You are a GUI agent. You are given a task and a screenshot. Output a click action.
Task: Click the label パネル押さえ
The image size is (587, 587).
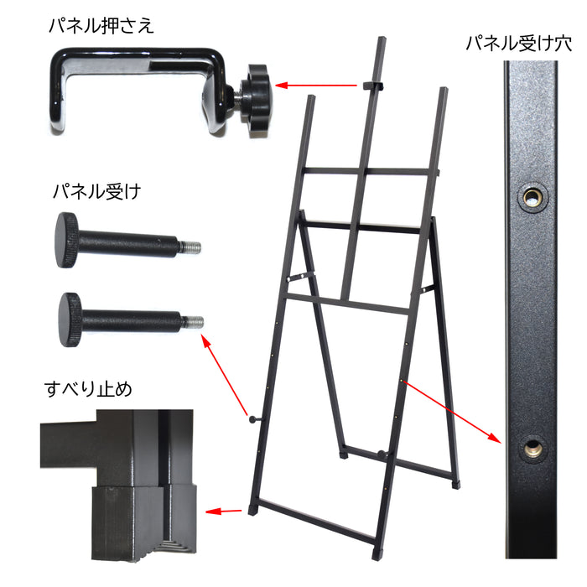click(x=101, y=26)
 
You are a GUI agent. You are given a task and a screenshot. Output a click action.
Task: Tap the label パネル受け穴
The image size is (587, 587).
click(x=519, y=44)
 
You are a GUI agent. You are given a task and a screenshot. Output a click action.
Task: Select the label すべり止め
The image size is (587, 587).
click(x=88, y=389)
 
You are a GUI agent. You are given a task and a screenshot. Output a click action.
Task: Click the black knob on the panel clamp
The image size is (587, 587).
click(x=257, y=97)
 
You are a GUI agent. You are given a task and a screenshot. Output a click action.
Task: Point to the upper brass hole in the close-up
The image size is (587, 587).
click(x=531, y=196)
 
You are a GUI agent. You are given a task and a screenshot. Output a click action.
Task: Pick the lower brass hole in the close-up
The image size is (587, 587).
click(x=531, y=447)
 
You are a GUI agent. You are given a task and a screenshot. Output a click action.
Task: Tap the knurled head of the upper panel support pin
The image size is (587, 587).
click(x=66, y=240)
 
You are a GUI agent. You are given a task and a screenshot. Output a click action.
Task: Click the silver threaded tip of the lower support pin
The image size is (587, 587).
click(x=195, y=321)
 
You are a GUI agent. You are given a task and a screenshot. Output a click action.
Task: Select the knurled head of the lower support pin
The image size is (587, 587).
click(x=70, y=319)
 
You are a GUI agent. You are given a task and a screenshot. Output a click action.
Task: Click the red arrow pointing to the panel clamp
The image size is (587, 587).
click(x=316, y=86)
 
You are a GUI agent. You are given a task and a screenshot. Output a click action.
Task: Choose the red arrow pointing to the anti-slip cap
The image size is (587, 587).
click(x=224, y=511)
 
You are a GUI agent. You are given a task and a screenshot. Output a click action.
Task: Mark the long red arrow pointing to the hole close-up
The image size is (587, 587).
click(x=451, y=412)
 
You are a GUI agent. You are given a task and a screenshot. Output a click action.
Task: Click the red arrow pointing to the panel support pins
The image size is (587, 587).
click(x=225, y=375)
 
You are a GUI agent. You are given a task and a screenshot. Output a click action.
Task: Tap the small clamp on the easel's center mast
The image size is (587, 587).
click(x=373, y=85)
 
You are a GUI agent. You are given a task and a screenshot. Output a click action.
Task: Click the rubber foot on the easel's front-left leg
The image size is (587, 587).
click(x=252, y=511)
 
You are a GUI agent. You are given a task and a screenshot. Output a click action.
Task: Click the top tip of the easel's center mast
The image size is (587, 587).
click(x=382, y=38)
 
